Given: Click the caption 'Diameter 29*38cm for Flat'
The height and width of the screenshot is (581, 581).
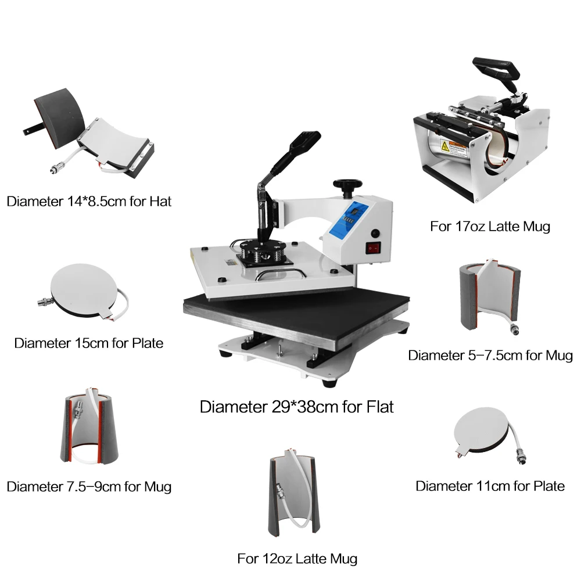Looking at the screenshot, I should tap(296, 407).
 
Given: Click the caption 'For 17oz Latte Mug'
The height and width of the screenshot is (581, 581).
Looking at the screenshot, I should tap(490, 226).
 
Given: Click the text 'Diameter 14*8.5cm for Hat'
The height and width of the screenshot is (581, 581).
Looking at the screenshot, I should tap(89, 202).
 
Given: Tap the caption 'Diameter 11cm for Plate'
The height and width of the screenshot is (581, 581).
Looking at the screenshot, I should tap(490, 486).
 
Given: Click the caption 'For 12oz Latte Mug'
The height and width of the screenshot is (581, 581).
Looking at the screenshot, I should tap(297, 559).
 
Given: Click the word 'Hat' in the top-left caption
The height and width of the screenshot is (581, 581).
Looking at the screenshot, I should tap(160, 202).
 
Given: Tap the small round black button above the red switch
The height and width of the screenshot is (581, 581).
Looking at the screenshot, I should tap(375, 233).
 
